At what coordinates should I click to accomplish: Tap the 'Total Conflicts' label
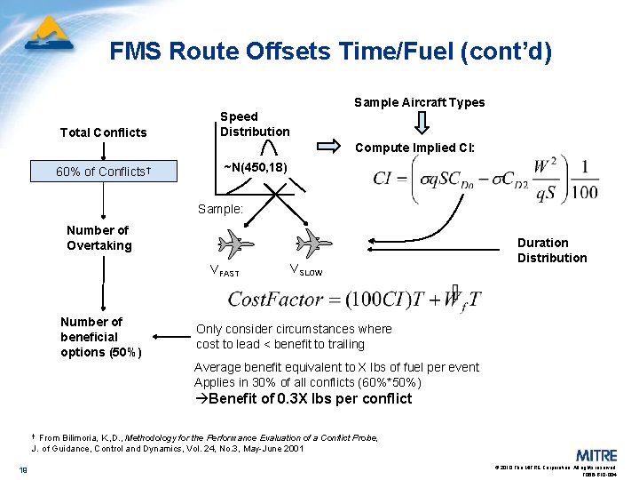(103, 132)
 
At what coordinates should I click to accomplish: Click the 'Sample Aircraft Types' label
(419, 102)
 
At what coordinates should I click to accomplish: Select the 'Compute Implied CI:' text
(414, 148)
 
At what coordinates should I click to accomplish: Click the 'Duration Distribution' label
(552, 250)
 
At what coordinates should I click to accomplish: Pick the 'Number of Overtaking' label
(99, 237)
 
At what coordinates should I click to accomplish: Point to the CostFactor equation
(355, 299)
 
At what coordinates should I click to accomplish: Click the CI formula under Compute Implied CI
(485, 180)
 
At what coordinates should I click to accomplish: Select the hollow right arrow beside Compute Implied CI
(327, 146)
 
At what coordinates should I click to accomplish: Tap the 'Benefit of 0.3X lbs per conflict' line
(303, 399)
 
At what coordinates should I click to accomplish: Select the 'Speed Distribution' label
(255, 124)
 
